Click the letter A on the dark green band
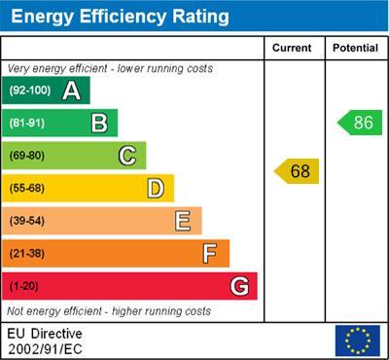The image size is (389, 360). (71, 90)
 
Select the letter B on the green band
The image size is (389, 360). (98, 123)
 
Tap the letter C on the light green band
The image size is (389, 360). (126, 156)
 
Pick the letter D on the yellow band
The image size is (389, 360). (155, 188)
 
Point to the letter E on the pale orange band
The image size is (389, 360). (182, 221)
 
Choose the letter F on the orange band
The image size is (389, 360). (210, 254)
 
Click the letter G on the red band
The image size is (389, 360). (238, 286)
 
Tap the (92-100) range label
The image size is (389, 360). (30, 90)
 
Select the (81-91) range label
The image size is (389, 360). (27, 124)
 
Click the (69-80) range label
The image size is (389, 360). (27, 156)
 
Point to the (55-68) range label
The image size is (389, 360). (27, 189)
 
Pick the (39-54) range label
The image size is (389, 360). (27, 221)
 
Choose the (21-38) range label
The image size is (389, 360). (27, 254)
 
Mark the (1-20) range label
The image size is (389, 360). (23, 287)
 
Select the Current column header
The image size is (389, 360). (292, 48)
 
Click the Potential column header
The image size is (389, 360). (355, 48)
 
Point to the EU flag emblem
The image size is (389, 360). (357, 340)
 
